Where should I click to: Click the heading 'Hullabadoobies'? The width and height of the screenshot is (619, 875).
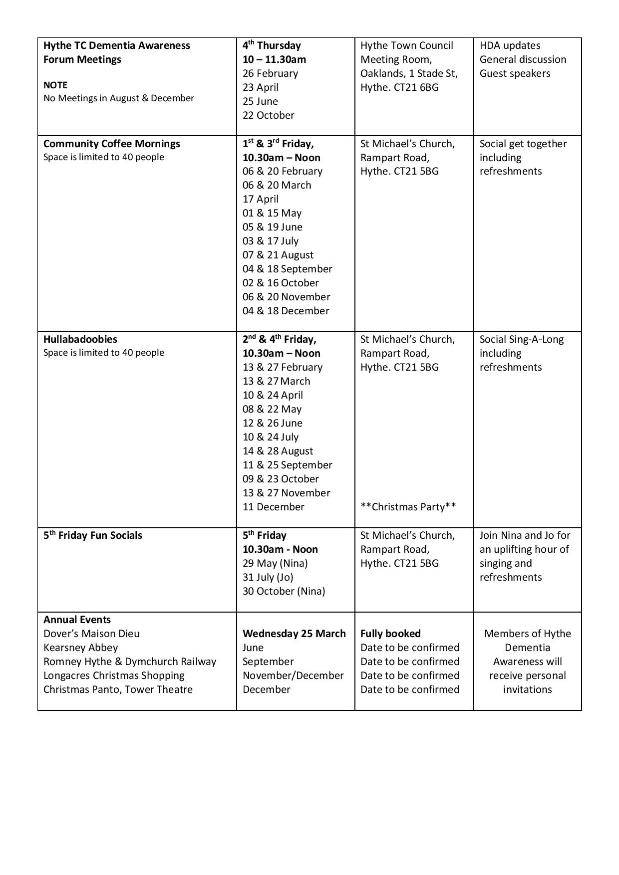(x=80, y=339)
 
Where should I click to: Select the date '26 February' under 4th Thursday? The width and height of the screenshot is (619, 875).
(x=270, y=73)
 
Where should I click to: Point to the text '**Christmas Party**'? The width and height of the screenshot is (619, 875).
(x=408, y=507)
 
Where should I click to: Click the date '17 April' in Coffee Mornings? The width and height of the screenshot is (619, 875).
(x=260, y=199)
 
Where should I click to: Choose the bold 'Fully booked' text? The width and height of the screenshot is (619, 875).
(x=390, y=634)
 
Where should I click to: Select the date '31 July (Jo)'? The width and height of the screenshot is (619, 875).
(x=268, y=577)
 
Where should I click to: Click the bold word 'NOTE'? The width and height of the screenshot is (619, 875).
(x=55, y=85)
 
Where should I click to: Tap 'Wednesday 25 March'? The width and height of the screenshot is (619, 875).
(x=294, y=634)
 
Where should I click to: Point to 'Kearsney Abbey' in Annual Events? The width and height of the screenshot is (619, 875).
(x=80, y=648)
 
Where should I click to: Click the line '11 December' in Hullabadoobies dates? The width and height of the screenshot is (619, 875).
(x=273, y=507)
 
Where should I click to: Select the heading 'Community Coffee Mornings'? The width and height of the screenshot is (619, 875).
(x=112, y=144)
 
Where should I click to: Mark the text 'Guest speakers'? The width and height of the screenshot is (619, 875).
(x=515, y=73)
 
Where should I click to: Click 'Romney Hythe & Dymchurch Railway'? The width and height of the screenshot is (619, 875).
(x=130, y=661)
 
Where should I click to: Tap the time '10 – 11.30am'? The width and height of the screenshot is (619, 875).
(x=274, y=59)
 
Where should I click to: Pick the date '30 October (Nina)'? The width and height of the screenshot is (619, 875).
(x=284, y=591)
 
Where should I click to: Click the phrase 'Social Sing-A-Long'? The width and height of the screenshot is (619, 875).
(x=521, y=339)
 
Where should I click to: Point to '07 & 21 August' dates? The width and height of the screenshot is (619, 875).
(x=278, y=255)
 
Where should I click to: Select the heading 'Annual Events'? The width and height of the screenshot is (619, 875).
(x=77, y=620)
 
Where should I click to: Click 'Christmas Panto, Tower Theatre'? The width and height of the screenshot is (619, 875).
(x=118, y=689)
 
